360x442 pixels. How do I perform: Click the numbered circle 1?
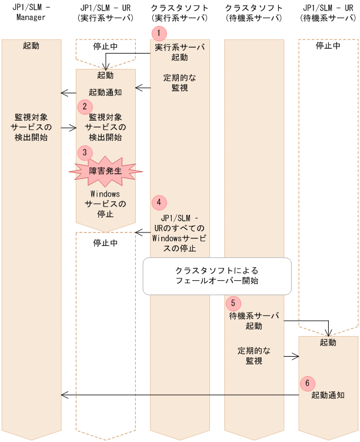157,33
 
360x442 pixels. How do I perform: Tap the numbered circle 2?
85,107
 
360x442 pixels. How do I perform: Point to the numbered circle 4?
158,202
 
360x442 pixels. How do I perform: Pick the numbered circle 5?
232,303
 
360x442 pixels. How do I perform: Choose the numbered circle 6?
306,383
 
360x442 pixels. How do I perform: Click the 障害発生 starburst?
106,171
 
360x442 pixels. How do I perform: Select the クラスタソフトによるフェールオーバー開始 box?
217,276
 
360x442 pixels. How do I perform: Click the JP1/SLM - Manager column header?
32,12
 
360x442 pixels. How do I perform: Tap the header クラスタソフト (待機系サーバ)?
254,12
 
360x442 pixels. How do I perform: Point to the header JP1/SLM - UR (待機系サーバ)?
328,12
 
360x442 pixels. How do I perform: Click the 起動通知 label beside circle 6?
328,396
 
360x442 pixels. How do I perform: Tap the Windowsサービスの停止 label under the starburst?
106,204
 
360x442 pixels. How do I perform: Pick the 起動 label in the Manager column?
32,45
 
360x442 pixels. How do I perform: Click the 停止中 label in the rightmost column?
328,45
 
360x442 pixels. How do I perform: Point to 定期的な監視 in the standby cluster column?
254,355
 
